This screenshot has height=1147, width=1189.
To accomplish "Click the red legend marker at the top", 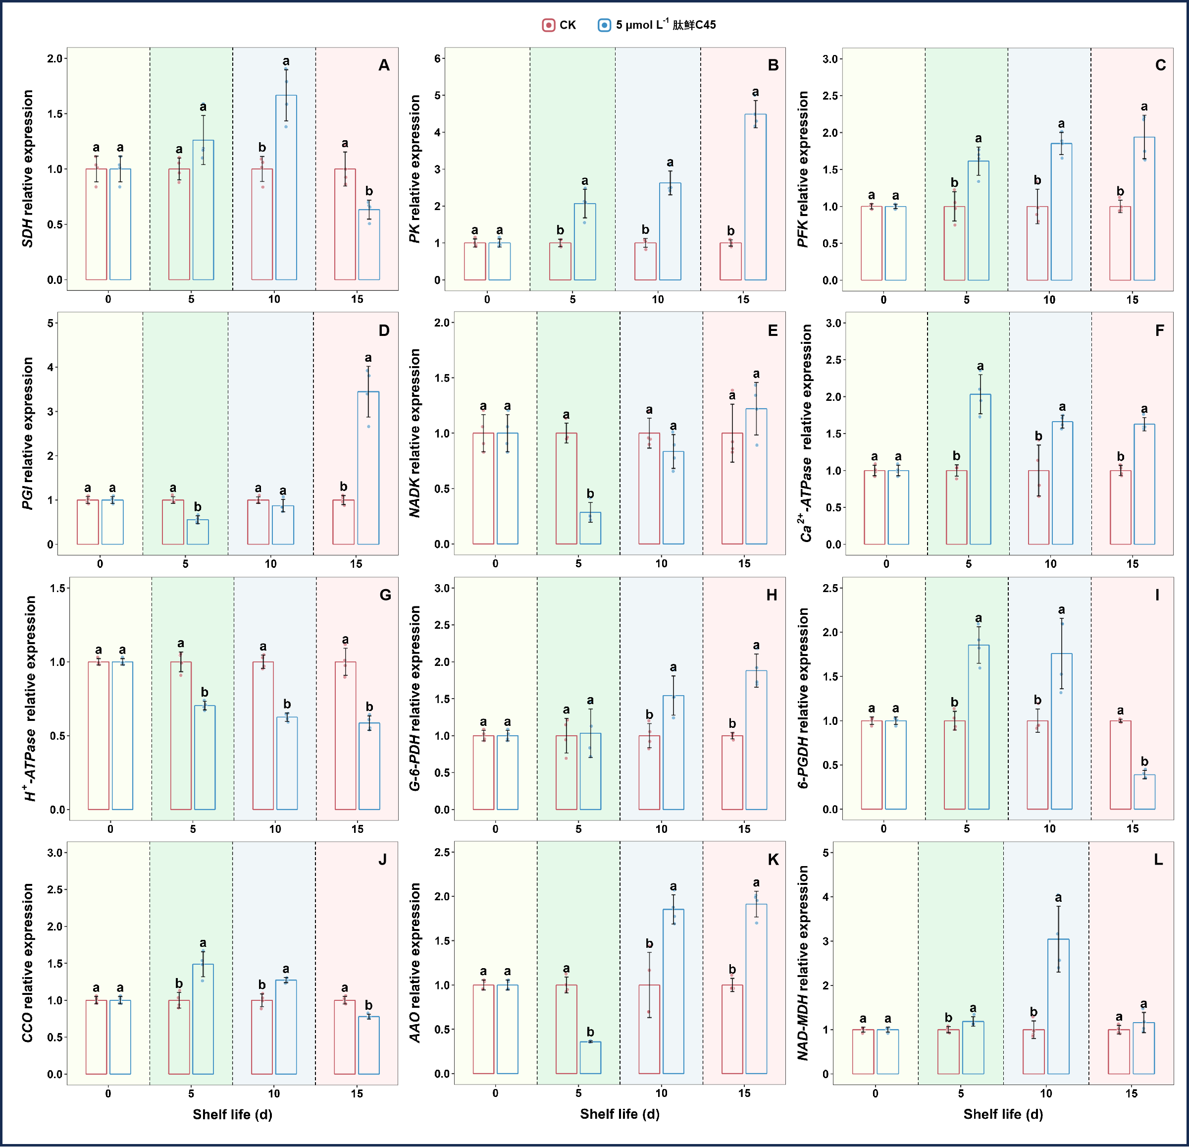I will [x=548, y=25].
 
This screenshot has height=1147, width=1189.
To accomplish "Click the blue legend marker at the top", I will [x=604, y=25].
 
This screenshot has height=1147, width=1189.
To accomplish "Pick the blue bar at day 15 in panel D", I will [x=368, y=468].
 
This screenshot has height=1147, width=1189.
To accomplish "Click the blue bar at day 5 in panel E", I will [x=590, y=528].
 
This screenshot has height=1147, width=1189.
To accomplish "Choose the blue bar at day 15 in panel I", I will [x=1145, y=791].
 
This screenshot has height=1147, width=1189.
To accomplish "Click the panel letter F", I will [x=1159, y=330].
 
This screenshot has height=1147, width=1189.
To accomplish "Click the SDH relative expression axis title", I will [x=27, y=169].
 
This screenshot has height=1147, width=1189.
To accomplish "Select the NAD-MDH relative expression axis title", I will [x=803, y=963].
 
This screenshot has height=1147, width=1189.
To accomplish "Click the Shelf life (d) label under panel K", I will [x=620, y=1114].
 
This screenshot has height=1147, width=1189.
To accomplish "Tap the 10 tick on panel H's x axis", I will [x=661, y=828].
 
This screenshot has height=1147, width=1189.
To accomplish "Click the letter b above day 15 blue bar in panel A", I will [x=369, y=191].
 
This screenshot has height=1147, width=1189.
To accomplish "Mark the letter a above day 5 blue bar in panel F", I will [x=981, y=367].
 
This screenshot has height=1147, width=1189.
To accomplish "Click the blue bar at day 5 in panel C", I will [x=979, y=221].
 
